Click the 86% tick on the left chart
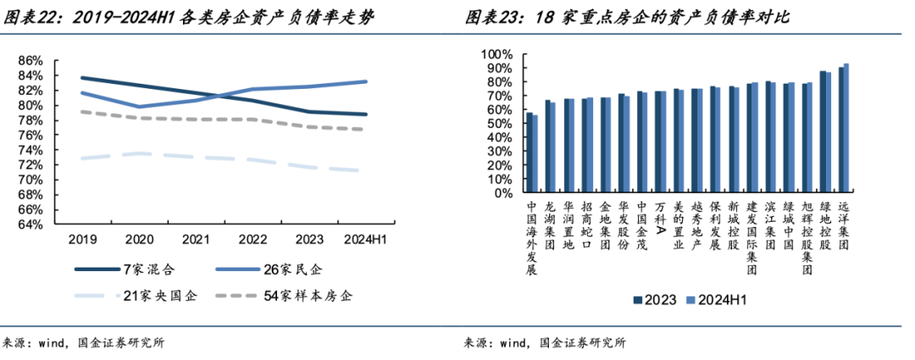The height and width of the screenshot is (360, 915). (x=30, y=60)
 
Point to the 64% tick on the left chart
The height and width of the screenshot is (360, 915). (x=30, y=225)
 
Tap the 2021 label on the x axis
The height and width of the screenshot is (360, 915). (x=196, y=240)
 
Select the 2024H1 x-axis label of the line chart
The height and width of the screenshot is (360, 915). (x=365, y=240)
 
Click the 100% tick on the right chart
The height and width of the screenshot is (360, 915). (x=499, y=54)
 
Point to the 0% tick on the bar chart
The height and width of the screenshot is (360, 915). (x=506, y=194)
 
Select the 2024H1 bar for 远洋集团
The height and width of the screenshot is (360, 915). (x=846, y=128)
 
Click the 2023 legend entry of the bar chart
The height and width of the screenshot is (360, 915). (x=657, y=299)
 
